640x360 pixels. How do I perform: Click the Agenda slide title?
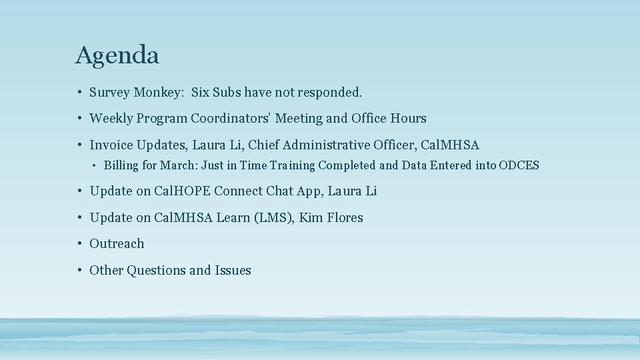pyautogui.click(x=117, y=55)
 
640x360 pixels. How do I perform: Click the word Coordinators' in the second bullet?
pyautogui.click(x=230, y=119)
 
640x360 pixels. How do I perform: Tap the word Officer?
pyautogui.click(x=395, y=145)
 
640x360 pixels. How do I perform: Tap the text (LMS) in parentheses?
pyautogui.click(x=271, y=217)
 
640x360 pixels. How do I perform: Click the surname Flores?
pyautogui.click(x=344, y=217)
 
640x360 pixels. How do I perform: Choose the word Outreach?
pyautogui.click(x=117, y=244)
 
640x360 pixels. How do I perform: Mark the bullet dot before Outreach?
pyautogui.click(x=79, y=244)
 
